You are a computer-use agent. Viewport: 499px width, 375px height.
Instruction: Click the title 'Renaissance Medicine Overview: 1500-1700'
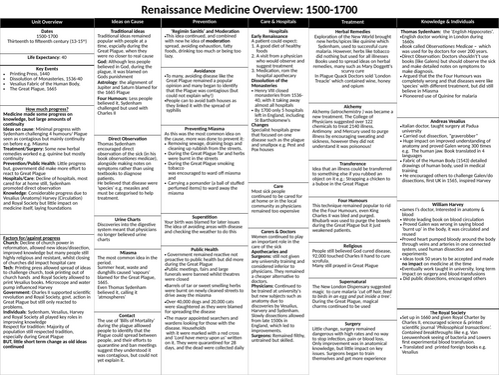point(249,9)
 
